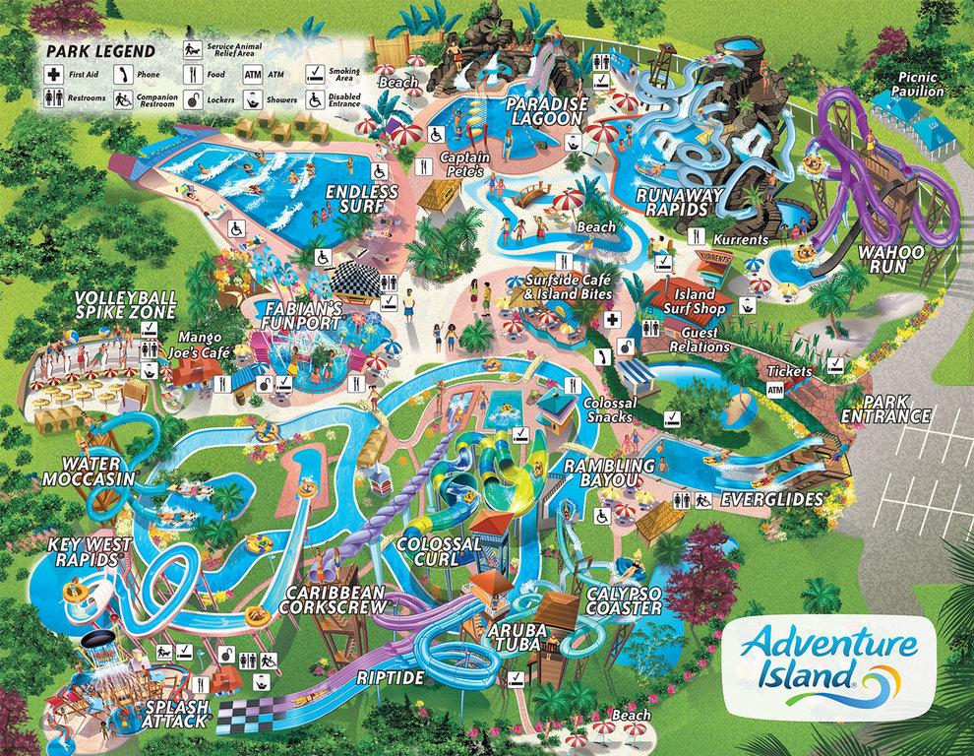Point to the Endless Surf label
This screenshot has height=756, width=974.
365,199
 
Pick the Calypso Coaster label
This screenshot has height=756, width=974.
622,599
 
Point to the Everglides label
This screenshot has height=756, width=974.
770,500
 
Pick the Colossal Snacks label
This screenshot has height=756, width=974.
611,409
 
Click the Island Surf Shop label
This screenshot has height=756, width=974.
698,301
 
